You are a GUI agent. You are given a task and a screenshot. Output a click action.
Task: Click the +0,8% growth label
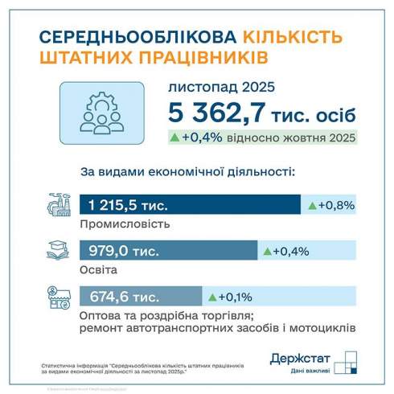(x=336, y=207)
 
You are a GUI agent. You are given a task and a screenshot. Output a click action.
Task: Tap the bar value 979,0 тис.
(x=122, y=251)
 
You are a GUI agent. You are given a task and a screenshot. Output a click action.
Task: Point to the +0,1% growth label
(x=236, y=295)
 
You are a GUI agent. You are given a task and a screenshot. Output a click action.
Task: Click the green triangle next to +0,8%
(x=313, y=207)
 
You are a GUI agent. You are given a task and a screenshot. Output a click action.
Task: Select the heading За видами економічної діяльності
(x=187, y=172)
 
